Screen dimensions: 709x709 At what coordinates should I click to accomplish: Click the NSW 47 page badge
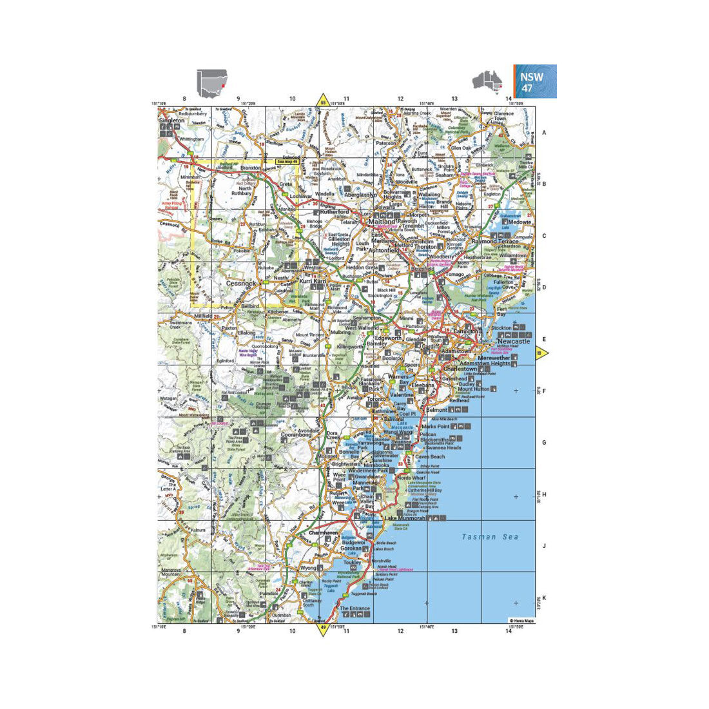[x=534, y=81]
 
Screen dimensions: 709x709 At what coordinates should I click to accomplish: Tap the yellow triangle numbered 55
[x=322, y=101]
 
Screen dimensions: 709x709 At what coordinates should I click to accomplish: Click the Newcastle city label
[x=510, y=342]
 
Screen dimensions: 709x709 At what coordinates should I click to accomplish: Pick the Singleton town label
[x=171, y=121]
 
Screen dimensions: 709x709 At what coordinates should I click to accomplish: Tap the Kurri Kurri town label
[x=314, y=282]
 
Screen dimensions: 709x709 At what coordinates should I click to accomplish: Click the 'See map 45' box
[x=287, y=161]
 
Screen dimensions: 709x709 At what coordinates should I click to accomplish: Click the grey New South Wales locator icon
[x=212, y=83]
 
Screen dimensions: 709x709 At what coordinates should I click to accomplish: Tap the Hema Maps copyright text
[x=521, y=621]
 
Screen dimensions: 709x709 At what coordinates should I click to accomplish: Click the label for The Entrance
[x=354, y=608]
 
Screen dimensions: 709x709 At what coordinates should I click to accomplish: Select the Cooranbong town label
[x=296, y=435]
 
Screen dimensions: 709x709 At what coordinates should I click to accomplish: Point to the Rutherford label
[x=335, y=211]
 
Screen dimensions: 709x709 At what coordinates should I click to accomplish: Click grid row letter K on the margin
[x=544, y=597]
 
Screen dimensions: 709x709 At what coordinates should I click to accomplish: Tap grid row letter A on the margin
[x=544, y=132]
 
